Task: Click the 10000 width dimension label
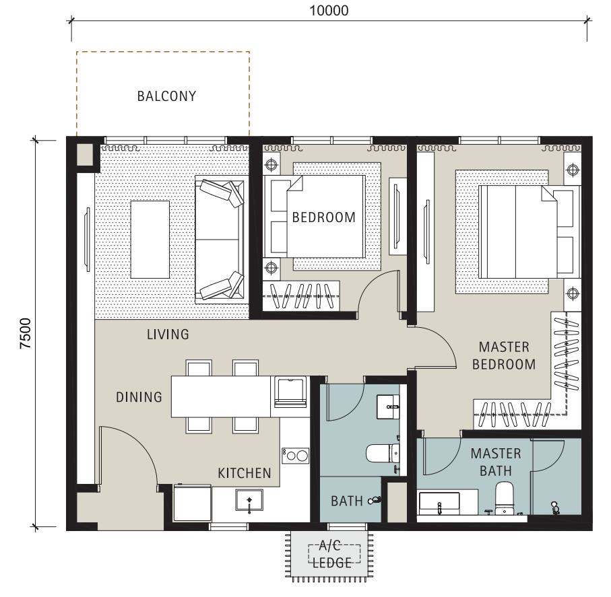point(329,11)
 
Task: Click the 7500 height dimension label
point(26,333)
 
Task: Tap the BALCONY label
point(167,96)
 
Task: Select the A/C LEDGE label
point(332,554)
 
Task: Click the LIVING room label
point(168,335)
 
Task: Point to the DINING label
point(139,397)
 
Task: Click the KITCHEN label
point(245,473)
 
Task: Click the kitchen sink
point(249,500)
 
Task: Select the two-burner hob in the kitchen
point(295,456)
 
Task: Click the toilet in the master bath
point(505,497)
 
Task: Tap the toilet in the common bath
point(383,454)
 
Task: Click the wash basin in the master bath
point(439,503)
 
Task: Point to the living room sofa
point(222,240)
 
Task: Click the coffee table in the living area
point(150,240)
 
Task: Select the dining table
point(221,396)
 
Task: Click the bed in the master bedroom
point(529,232)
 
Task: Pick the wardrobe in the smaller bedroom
point(301,296)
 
